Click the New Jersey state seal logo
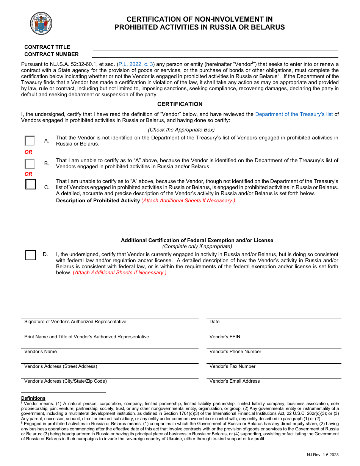[41, 23]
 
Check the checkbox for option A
[30, 141]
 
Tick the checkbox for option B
[30, 164]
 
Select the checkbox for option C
[31, 185]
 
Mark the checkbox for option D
[31, 255]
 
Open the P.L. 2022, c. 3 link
[136, 64]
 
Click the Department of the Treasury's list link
[294, 114]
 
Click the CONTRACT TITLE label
[47, 47]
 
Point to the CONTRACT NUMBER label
[52, 54]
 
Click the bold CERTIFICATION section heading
[180, 104]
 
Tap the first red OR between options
[29, 152]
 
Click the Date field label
[214, 322]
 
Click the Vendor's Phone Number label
[235, 352]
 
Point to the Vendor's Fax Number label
[232, 366]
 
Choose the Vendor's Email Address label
[235, 381]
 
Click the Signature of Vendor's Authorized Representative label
[75, 322]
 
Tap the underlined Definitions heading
[33, 398]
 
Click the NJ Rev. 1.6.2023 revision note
[323, 455]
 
